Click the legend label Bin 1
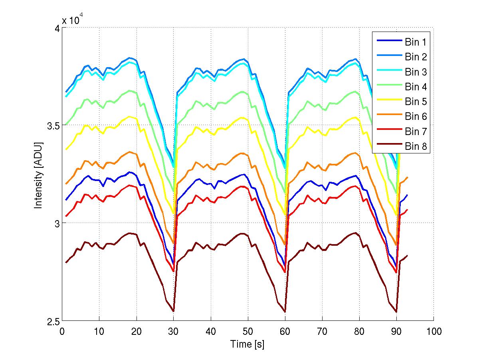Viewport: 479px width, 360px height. click(x=416, y=42)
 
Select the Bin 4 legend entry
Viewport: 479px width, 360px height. click(x=416, y=87)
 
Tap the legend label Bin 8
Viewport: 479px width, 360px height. click(x=416, y=147)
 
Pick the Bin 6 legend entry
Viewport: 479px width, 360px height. click(x=416, y=117)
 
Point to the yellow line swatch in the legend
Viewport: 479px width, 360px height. click(x=388, y=102)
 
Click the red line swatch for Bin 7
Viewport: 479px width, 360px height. click(x=388, y=132)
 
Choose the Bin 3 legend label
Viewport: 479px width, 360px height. click(x=416, y=72)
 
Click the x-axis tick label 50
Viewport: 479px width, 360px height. click(x=248, y=331)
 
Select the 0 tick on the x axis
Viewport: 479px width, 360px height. click(x=62, y=331)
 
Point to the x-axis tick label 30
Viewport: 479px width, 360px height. click(x=174, y=331)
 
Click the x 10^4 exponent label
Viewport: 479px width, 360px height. click(x=72, y=20)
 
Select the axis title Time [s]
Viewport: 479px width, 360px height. click(x=247, y=344)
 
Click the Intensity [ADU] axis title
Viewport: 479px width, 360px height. click(x=39, y=175)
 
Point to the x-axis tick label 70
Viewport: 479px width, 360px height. click(x=322, y=331)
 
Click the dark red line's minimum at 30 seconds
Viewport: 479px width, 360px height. click(x=173, y=311)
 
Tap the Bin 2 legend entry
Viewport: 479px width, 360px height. click(x=416, y=57)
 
